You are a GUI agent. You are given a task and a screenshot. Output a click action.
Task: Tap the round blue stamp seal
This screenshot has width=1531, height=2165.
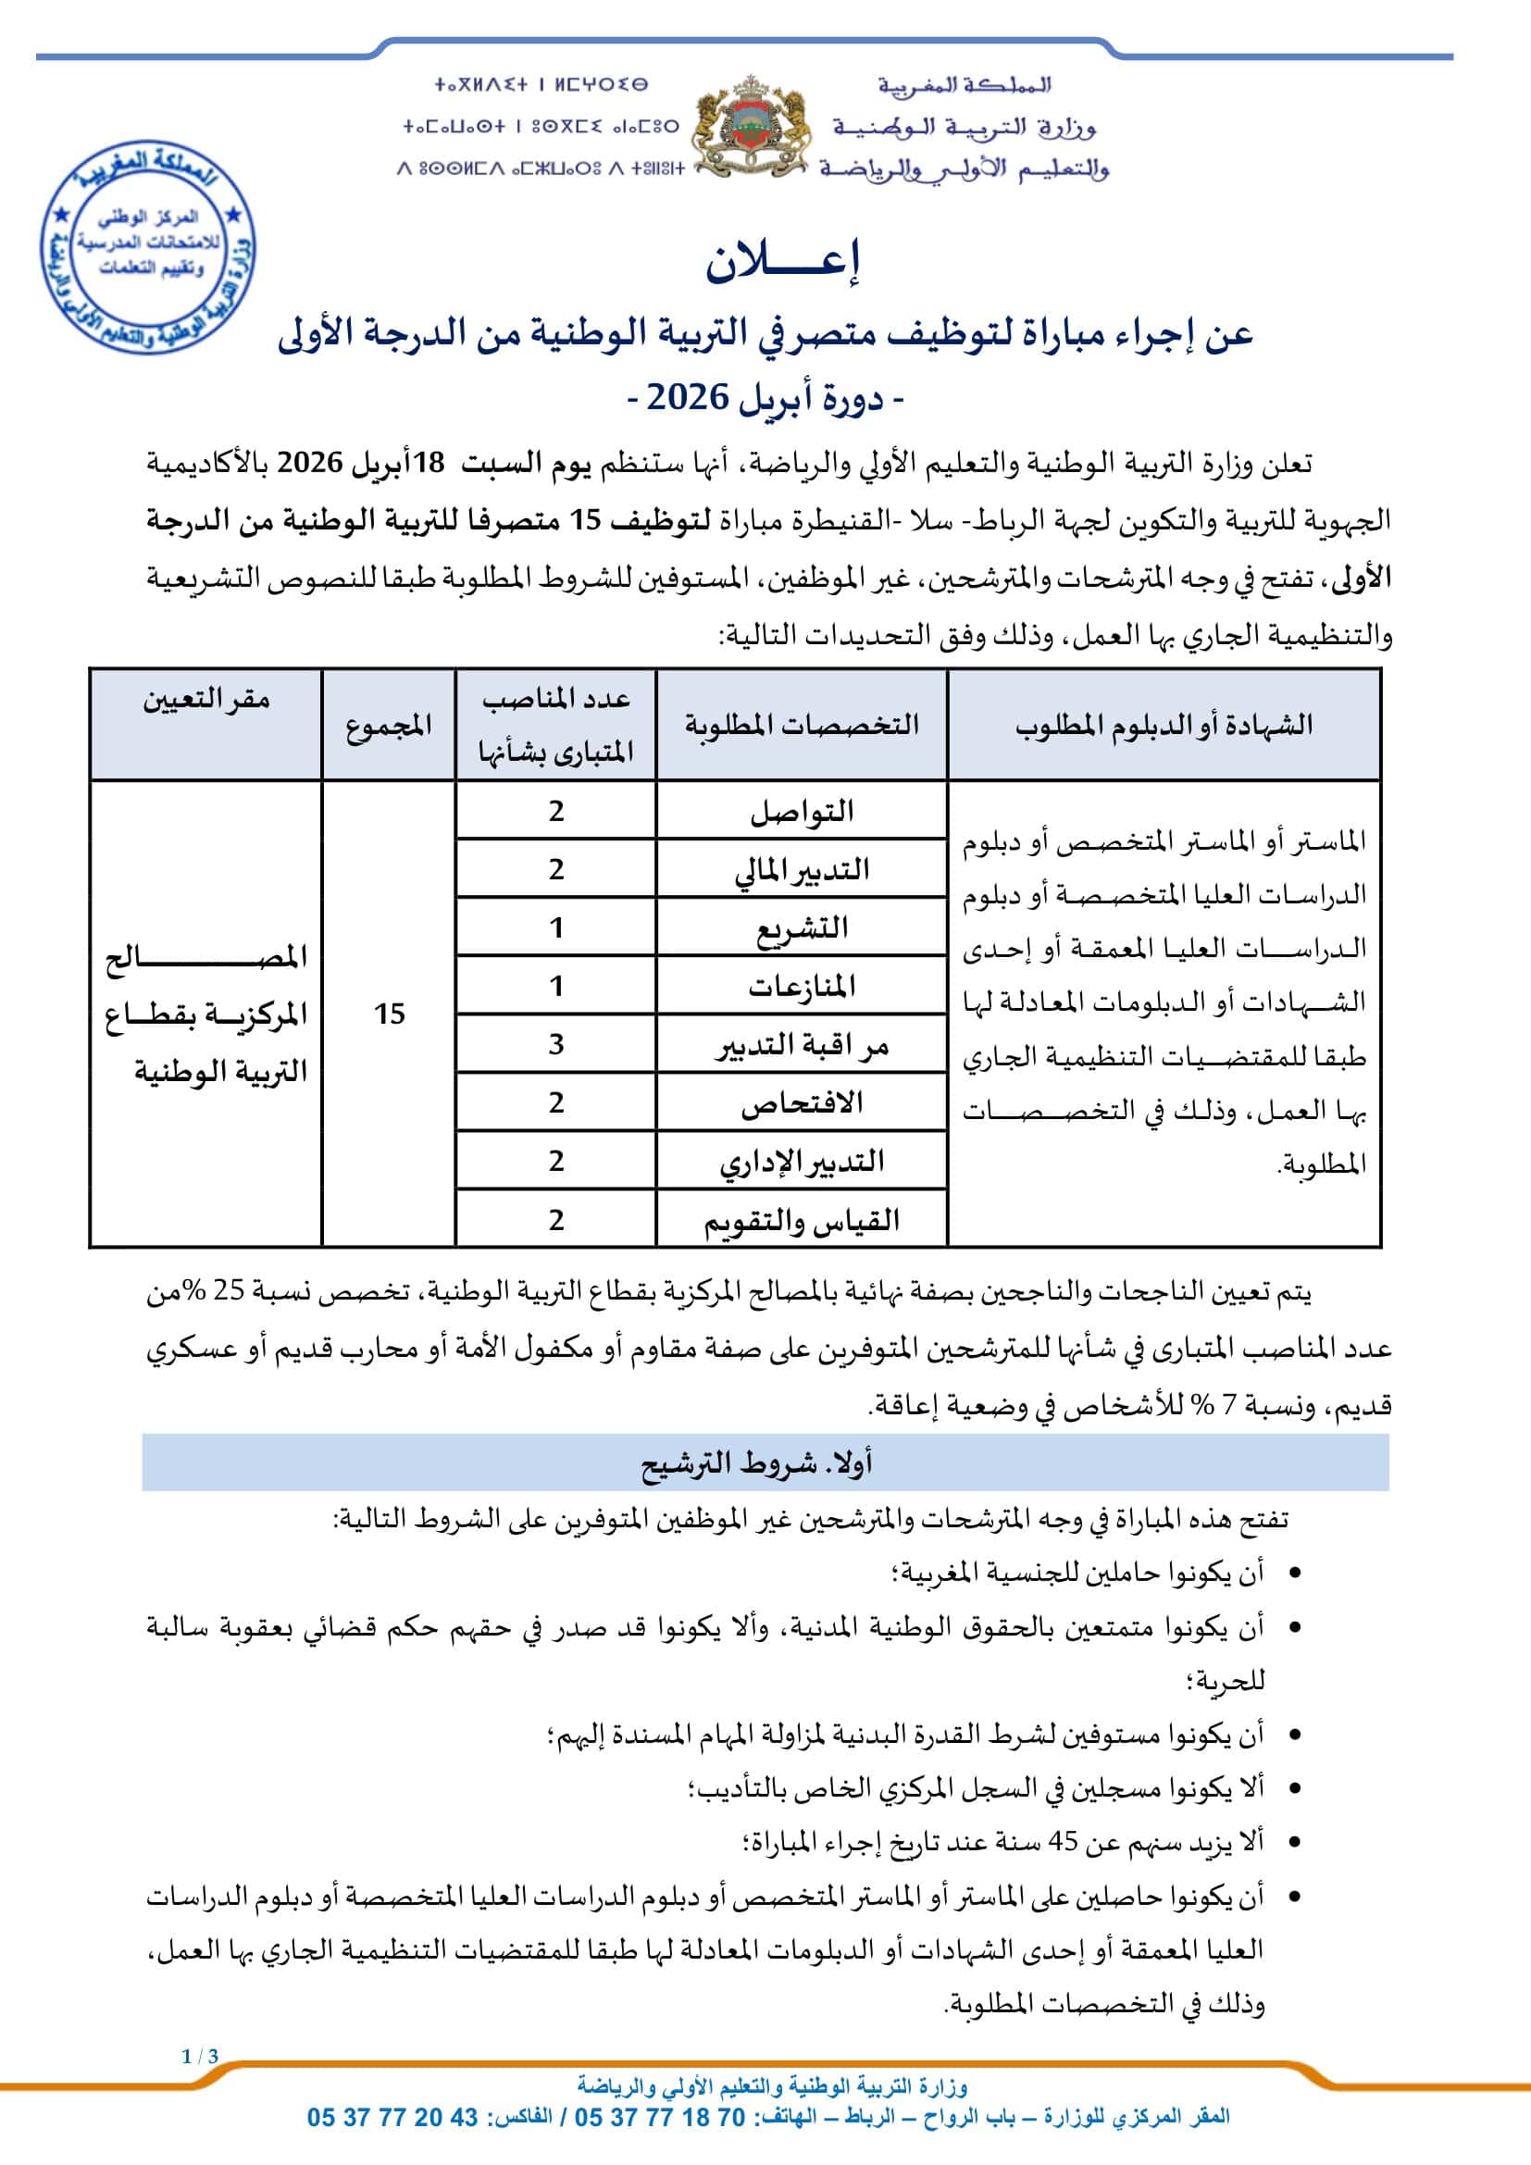[x=148, y=248]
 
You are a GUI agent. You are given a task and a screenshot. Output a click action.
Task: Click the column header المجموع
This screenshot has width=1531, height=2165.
[x=389, y=724]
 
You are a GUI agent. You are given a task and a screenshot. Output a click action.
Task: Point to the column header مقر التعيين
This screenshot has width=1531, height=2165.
[x=206, y=700]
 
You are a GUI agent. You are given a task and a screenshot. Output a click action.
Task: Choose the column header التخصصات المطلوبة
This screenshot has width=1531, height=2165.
[x=802, y=724]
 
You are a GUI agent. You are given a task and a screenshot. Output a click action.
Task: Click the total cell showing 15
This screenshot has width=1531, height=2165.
[x=389, y=1014]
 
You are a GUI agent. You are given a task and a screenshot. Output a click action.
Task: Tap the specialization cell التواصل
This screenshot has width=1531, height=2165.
[x=802, y=811]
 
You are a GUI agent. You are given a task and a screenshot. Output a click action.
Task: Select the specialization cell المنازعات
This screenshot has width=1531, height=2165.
[x=802, y=987]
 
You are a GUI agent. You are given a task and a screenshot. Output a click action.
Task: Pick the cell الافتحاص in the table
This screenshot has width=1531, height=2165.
[x=802, y=1102]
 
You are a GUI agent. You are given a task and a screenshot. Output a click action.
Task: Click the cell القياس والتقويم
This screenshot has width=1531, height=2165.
[x=802, y=1220]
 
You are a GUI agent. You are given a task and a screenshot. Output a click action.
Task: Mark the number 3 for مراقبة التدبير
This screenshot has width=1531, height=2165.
[x=556, y=1044]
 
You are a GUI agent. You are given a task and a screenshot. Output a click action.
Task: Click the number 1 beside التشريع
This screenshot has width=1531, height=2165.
[x=556, y=927]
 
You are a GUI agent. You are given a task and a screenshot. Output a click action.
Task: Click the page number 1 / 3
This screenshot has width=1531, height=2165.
[x=200, y=2057]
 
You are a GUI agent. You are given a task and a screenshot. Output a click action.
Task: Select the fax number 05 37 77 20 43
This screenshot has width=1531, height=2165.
[x=392, y=2117]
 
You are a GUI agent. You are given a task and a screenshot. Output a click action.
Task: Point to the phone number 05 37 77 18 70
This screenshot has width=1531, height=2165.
[x=659, y=2117]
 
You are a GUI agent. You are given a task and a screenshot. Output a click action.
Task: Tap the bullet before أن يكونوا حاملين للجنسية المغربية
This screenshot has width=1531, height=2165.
[x=1294, y=1572]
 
